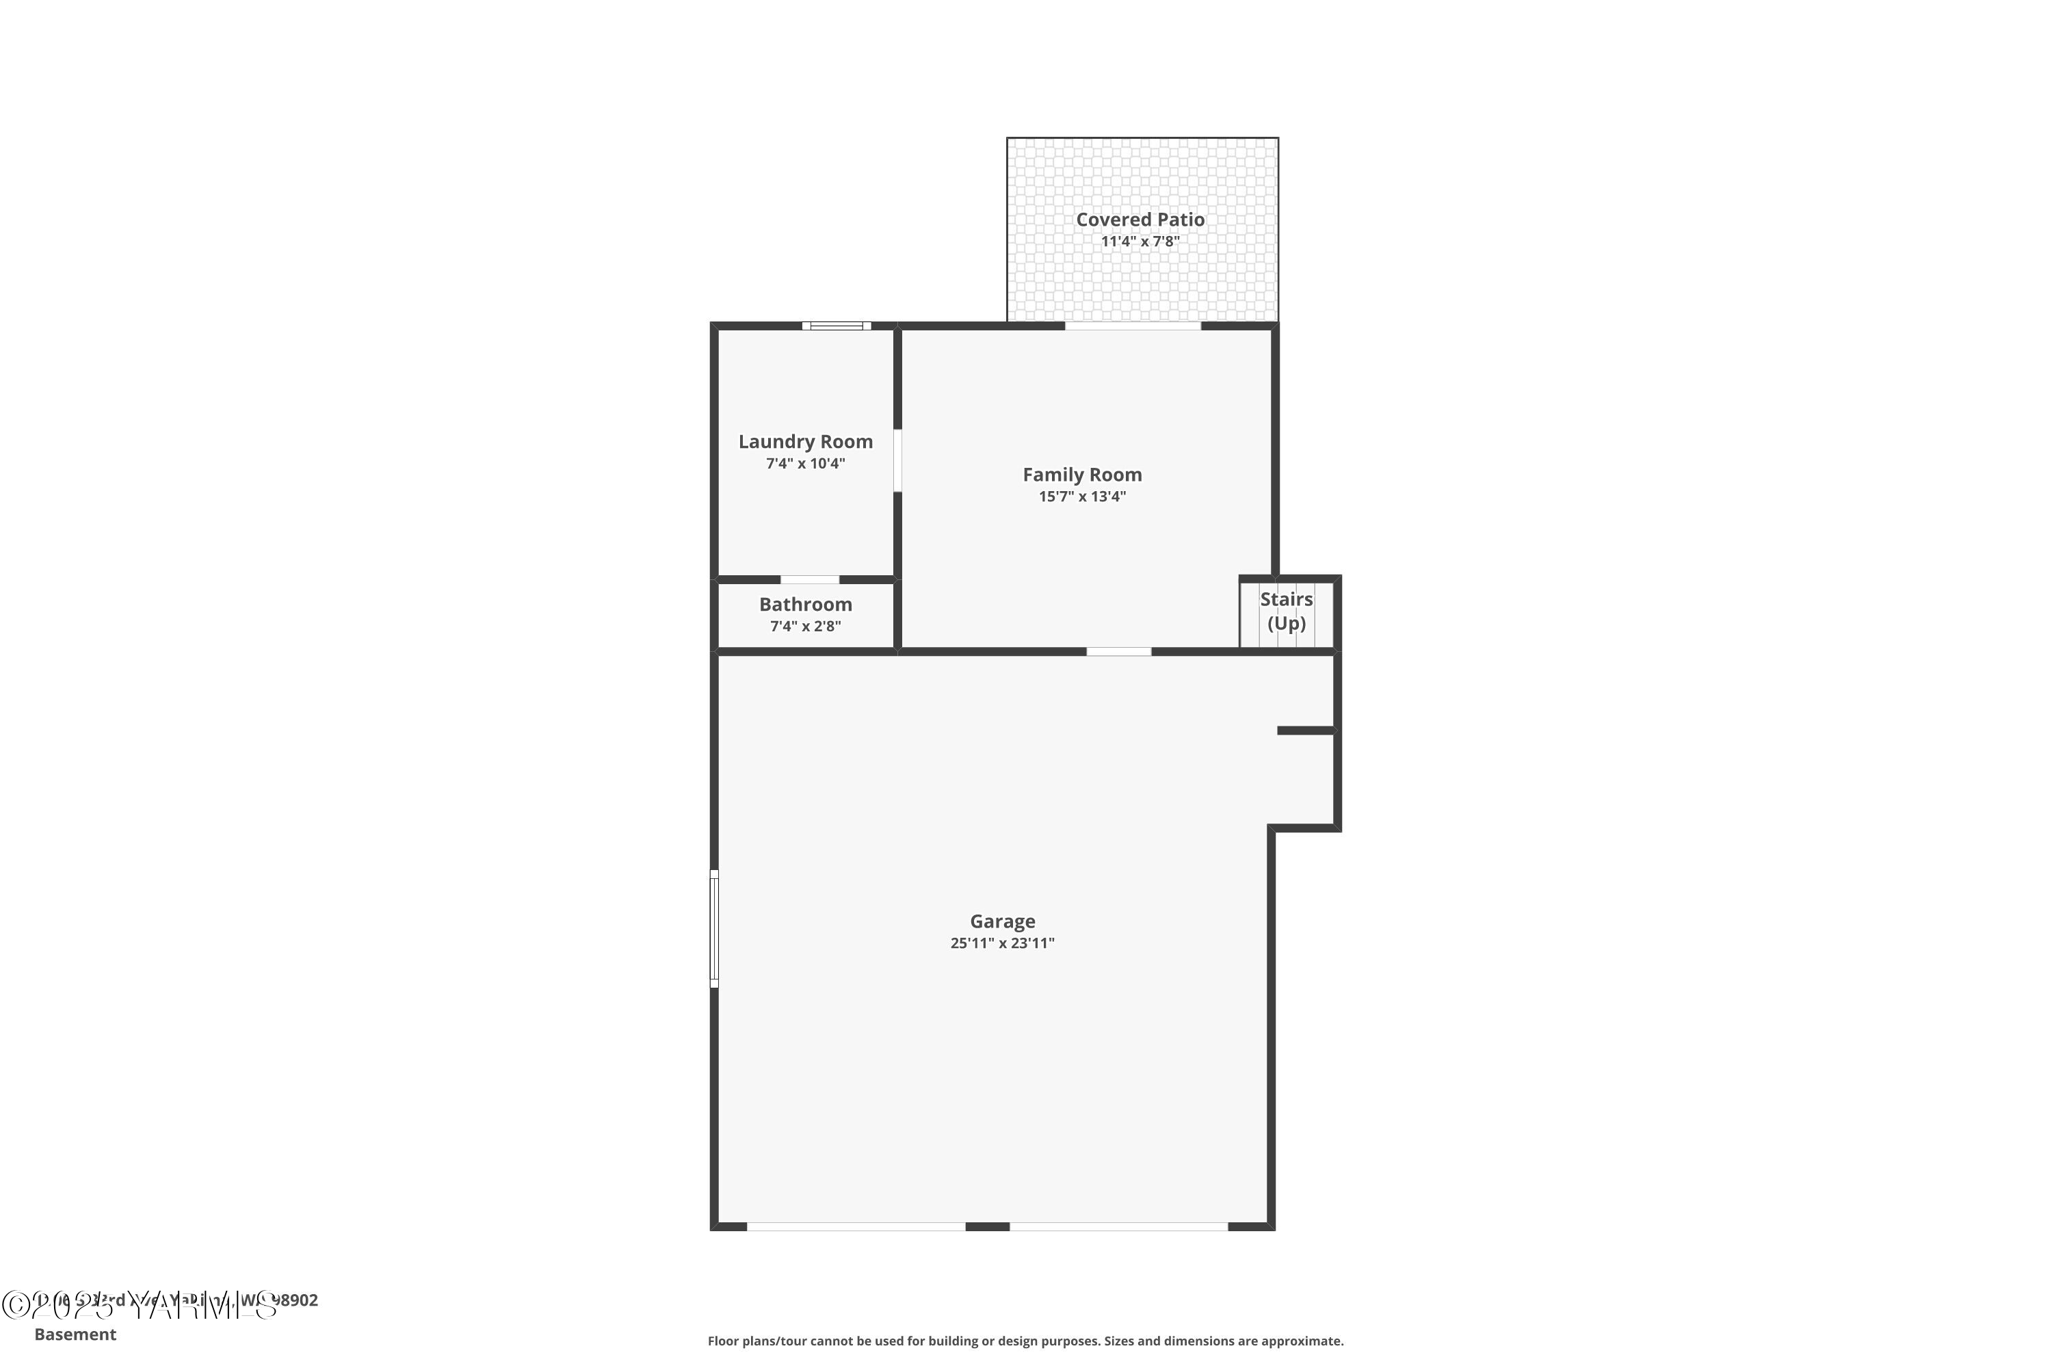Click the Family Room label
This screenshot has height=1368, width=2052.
coord(1082,475)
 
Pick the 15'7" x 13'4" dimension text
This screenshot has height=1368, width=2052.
coord(1082,497)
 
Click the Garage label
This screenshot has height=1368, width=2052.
coord(1003,921)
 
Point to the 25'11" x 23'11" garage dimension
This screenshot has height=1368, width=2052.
coord(1003,943)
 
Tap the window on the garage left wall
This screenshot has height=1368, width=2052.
coord(715,928)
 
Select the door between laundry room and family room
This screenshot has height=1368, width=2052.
coord(897,460)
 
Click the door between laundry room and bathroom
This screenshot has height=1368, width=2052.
coord(810,580)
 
